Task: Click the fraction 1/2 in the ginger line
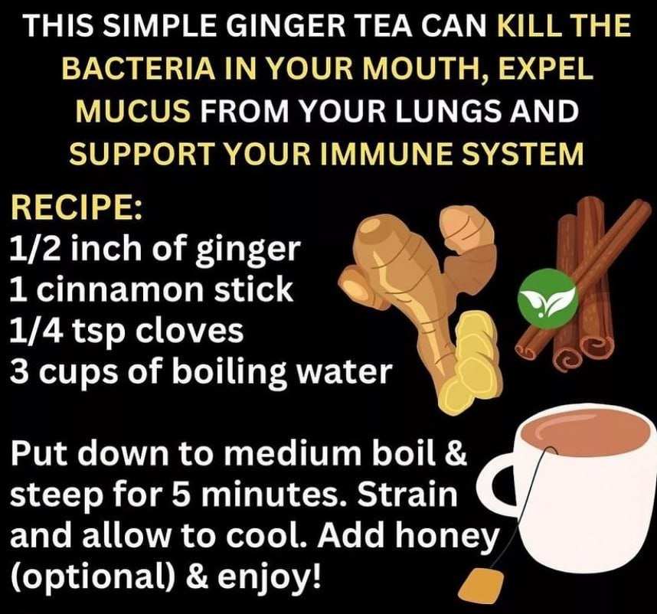click(x=35, y=249)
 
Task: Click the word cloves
click(x=188, y=331)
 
